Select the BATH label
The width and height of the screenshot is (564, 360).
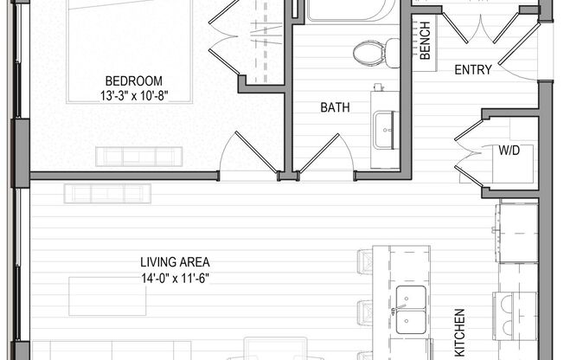tap(335, 108)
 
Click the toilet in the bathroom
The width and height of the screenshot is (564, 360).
tap(369, 52)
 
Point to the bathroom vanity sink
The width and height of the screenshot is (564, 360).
tap(384, 130)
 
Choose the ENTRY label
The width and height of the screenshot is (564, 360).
tap(473, 70)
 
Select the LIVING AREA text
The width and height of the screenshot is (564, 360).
tap(175, 262)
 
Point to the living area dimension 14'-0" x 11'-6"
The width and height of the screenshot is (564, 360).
tap(175, 278)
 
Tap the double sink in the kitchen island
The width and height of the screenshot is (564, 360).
tap(410, 309)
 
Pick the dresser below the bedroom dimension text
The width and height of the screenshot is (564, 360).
tap(139, 157)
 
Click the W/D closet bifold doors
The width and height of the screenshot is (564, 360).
tap(467, 151)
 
